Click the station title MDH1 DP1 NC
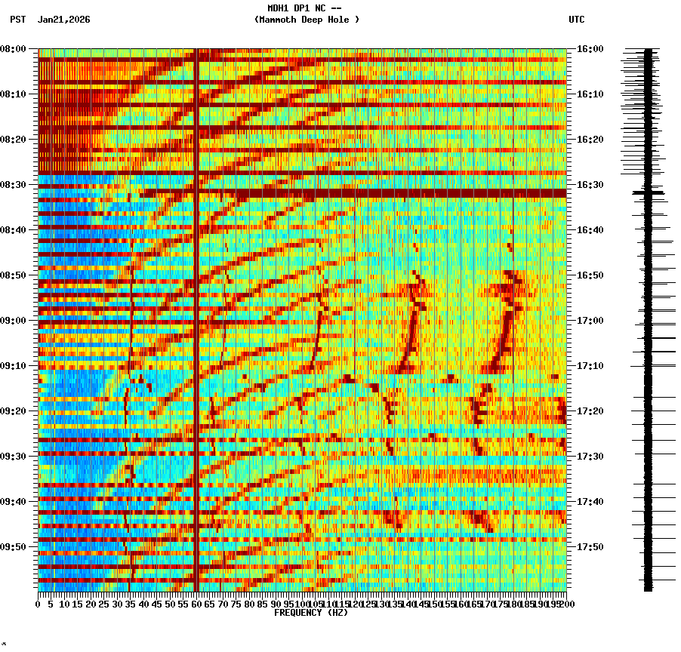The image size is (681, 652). pyautogui.click(x=304, y=8)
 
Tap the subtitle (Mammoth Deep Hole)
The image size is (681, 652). pyautogui.click(x=307, y=20)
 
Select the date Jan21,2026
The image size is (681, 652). pyautogui.click(x=63, y=20)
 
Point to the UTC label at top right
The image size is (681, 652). pyautogui.click(x=576, y=20)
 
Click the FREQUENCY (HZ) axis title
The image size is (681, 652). pyautogui.click(x=311, y=613)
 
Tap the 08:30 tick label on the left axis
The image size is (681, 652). pyautogui.click(x=13, y=185)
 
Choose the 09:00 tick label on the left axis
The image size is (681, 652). pyautogui.click(x=13, y=321)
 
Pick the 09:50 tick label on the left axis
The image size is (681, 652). pyautogui.click(x=13, y=547)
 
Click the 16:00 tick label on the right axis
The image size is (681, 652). pyautogui.click(x=590, y=49)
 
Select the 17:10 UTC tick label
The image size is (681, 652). pyautogui.click(x=590, y=366)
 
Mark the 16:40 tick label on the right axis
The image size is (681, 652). pyautogui.click(x=590, y=230)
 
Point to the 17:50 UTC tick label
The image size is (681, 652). pyautogui.click(x=590, y=547)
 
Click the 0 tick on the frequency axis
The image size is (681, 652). pyautogui.click(x=39, y=604)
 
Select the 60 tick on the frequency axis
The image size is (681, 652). pyautogui.click(x=196, y=604)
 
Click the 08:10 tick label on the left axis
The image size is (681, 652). pyautogui.click(x=13, y=94)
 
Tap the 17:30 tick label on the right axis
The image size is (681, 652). pyautogui.click(x=590, y=457)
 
